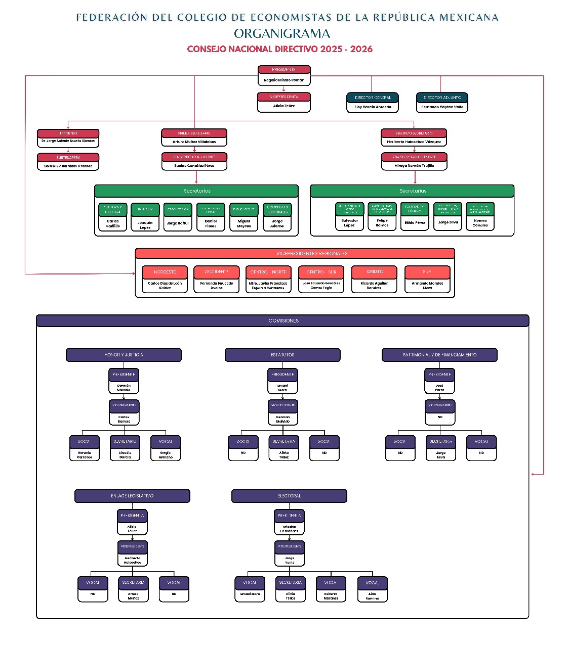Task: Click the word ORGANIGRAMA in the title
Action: click(x=282, y=34)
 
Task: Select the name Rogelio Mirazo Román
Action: click(x=284, y=80)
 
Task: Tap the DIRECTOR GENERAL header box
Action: click(x=373, y=98)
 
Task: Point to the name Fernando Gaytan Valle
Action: click(x=442, y=107)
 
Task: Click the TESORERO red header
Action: click(x=68, y=133)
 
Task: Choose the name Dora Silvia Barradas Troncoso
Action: click(x=68, y=166)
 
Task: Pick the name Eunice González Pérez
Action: click(x=194, y=166)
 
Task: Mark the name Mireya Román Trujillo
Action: click(x=414, y=166)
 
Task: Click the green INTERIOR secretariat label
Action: click(x=145, y=209)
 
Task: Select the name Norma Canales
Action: click(x=480, y=223)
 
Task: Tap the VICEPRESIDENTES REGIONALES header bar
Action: click(x=312, y=253)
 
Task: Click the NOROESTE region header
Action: click(x=165, y=272)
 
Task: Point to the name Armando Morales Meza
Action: click(x=427, y=286)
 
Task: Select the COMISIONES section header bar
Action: click(x=283, y=320)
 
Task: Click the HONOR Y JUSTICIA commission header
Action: click(x=124, y=355)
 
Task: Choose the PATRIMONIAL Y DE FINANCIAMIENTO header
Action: click(x=439, y=355)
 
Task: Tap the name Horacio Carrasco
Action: click(x=85, y=455)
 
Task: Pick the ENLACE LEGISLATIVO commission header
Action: click(x=132, y=496)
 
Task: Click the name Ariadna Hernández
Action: click(x=290, y=529)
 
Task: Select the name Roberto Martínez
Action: click(x=331, y=596)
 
